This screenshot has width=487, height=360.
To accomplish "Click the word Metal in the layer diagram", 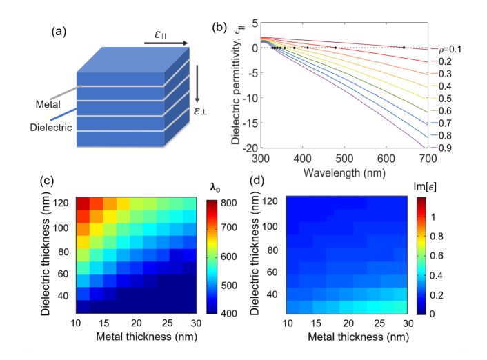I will [48, 105].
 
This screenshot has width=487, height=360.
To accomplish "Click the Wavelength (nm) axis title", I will [344, 171].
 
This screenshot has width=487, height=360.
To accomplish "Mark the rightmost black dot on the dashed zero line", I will [404, 48].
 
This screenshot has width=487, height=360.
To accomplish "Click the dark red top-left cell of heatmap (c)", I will [83, 203].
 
